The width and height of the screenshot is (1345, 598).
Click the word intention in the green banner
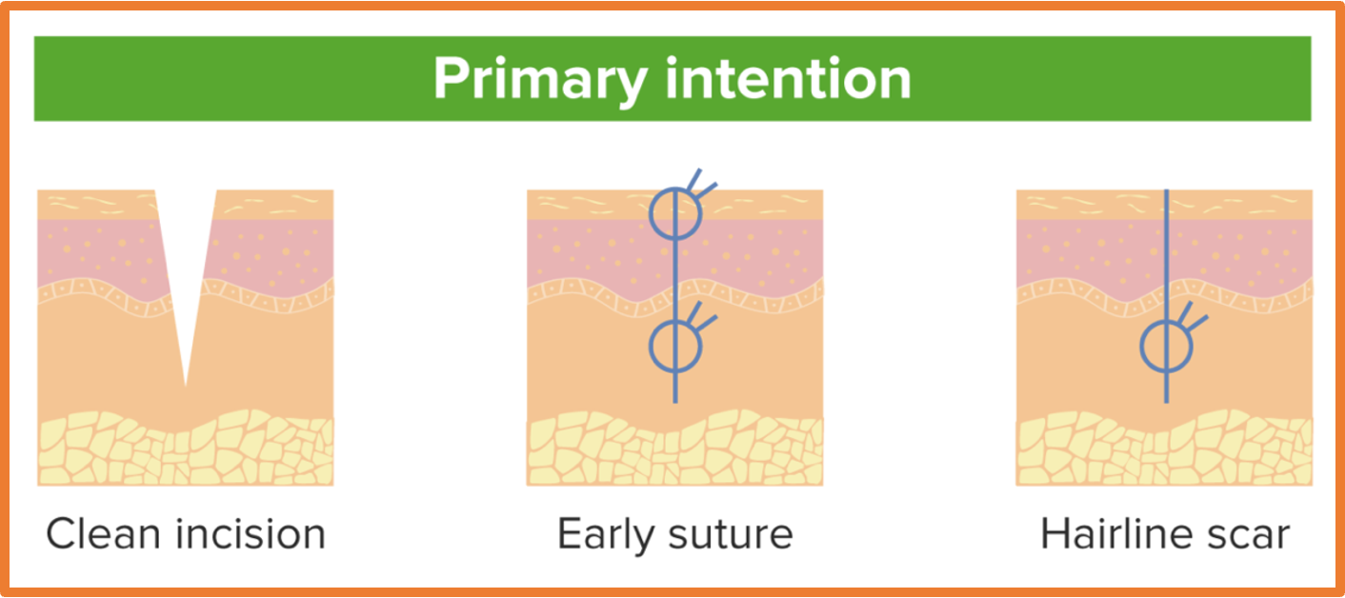[x=789, y=78]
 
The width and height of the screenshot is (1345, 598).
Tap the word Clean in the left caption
[x=103, y=534]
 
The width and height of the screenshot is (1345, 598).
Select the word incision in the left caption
[x=251, y=534]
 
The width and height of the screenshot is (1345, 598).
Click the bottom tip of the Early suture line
[x=675, y=402]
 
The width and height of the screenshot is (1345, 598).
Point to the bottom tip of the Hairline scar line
[x=1167, y=402]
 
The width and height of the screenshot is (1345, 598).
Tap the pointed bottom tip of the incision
[x=186, y=386]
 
